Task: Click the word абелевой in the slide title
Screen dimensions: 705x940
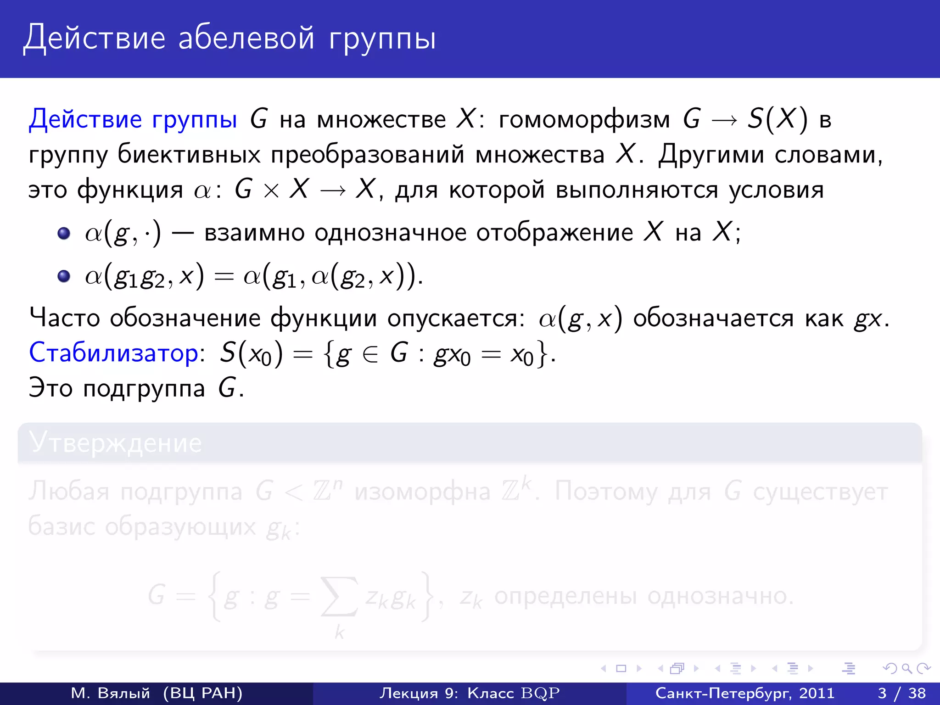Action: pos(246,38)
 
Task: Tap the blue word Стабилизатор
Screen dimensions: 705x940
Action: pos(113,352)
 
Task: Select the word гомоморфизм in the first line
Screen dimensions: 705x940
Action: pos(584,119)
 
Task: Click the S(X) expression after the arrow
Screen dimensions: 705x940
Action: pos(777,119)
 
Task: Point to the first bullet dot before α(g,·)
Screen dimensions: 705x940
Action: pos(64,233)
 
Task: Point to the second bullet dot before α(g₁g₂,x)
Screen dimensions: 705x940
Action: pos(64,276)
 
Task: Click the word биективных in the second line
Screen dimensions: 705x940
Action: pos(189,154)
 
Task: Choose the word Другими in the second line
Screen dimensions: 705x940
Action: pos(711,154)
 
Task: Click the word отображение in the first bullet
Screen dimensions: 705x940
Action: pos(554,232)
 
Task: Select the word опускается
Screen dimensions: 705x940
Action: pos(456,318)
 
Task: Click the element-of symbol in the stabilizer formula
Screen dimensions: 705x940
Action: pos(370,355)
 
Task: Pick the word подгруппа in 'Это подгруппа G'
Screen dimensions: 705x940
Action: pos(144,389)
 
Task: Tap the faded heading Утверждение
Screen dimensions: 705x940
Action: pos(115,443)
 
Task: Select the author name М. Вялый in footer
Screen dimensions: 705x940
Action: pos(111,693)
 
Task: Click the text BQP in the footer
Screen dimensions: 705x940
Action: pos(540,693)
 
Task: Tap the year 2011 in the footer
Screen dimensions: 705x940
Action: pos(817,693)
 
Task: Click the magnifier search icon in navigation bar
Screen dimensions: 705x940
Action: pos(906,668)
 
